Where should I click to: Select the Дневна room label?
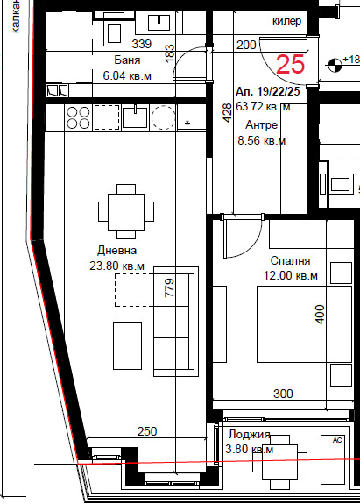117,251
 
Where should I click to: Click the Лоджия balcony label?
249,436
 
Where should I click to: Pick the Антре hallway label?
262,124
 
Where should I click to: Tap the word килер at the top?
287,21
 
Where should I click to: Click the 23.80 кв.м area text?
117,266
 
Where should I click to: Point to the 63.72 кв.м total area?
264,107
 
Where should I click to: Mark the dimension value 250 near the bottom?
148,430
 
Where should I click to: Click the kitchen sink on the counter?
135,116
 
